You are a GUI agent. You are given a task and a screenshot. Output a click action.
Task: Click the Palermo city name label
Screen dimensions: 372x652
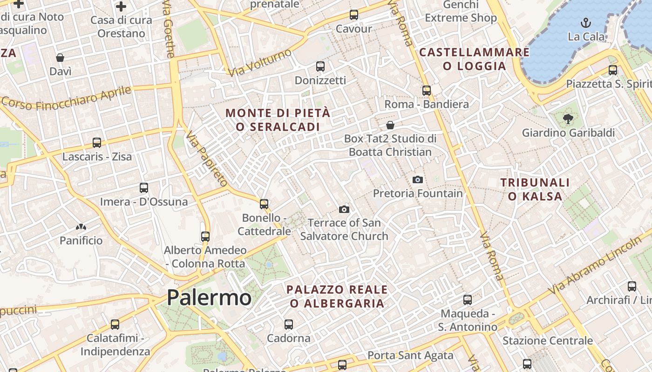(209, 297)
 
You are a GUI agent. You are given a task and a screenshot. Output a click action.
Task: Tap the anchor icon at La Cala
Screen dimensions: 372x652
(586, 22)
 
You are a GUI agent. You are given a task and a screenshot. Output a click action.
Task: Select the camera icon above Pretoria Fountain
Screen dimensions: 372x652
(418, 179)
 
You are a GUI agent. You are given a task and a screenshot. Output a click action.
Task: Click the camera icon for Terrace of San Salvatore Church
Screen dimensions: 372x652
(344, 209)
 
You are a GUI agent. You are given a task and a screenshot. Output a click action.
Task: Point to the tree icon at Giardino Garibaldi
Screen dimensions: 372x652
(568, 119)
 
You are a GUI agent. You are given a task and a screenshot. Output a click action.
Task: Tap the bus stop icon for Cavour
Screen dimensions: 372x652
(354, 15)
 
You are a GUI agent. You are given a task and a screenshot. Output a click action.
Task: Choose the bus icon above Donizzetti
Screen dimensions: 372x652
(320, 66)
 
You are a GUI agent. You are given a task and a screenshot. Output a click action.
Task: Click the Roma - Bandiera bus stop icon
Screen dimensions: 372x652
(427, 91)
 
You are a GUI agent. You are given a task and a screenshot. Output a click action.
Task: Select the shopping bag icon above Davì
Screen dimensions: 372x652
(60, 58)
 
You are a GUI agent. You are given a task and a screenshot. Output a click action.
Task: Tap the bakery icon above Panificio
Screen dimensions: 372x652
(81, 227)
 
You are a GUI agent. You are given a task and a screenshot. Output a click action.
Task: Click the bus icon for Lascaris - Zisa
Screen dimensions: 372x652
(97, 143)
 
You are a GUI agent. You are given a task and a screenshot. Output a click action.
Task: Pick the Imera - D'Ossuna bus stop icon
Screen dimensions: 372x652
(144, 188)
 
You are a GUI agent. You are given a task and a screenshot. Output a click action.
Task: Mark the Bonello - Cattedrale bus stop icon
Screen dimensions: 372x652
(264, 204)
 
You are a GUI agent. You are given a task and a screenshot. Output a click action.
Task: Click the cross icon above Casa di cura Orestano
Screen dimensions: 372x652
(121, 7)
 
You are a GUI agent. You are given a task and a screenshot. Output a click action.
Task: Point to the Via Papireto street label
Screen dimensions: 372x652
(207, 158)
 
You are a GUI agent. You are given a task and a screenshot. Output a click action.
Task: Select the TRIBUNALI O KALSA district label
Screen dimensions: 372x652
(535, 189)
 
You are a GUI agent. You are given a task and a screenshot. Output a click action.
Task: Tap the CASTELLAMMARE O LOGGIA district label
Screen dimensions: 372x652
(475, 59)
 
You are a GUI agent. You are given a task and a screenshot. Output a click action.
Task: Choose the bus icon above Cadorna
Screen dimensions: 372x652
(289, 324)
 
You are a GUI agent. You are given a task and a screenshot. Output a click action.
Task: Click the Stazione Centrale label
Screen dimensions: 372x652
(548, 340)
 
